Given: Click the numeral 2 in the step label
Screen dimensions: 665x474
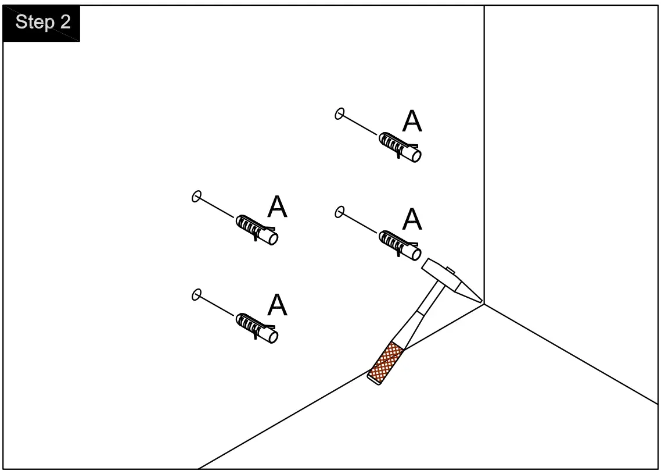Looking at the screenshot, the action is point(64,23).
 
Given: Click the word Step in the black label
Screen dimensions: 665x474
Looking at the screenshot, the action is point(35,23).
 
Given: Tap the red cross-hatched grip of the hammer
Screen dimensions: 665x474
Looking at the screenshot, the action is point(387,362).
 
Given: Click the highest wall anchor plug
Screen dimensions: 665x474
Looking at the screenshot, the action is point(400,147).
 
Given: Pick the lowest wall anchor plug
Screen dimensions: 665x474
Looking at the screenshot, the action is point(257,328).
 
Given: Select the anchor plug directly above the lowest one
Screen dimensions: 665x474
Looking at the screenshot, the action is point(257,230).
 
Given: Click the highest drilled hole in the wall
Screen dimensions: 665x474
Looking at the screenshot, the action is point(340,113).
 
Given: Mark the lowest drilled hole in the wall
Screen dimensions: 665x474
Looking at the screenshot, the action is point(196,295).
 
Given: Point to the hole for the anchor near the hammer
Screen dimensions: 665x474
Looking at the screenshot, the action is point(340,212).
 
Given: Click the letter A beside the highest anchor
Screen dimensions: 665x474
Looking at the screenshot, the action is point(412,122).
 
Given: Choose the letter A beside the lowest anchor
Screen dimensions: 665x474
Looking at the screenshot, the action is point(277,305).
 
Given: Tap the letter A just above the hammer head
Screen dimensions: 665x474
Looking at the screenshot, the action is point(412,219).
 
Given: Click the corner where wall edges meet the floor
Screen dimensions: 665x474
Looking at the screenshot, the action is point(484,304).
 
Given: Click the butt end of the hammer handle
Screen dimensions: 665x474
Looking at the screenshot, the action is point(375,379).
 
